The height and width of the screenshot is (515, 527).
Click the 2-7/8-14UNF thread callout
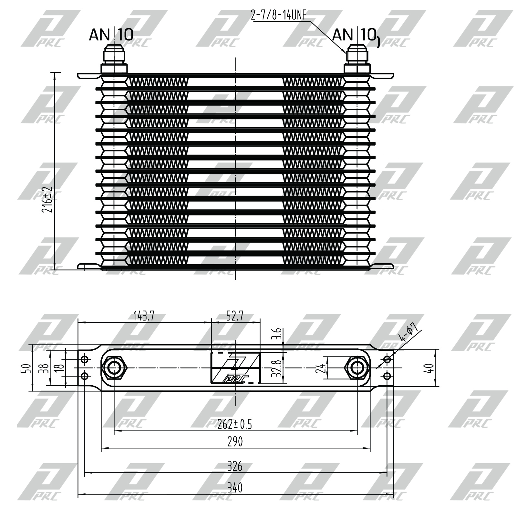pyautogui.click(x=278, y=15)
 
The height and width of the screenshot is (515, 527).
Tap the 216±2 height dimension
pyautogui.click(x=47, y=199)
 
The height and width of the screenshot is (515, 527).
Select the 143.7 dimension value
pyautogui.click(x=144, y=316)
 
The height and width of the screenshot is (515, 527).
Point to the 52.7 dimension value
pyautogui.click(x=235, y=316)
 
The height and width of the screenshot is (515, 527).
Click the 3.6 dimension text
pyautogui.click(x=279, y=334)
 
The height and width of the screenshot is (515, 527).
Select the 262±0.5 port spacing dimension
pyautogui.click(x=234, y=424)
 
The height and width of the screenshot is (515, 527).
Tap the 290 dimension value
pyautogui.click(x=235, y=442)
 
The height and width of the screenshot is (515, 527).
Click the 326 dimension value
pyautogui.click(x=235, y=466)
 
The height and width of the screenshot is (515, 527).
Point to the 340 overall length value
pyautogui.click(x=235, y=488)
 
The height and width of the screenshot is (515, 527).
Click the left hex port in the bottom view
pyautogui.click(x=114, y=368)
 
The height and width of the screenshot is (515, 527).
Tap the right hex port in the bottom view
pyautogui.click(x=357, y=368)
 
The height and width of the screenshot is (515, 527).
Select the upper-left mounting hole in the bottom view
pyautogui.click(x=85, y=359)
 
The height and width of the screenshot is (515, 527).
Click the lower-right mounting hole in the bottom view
pyautogui.click(x=387, y=376)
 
